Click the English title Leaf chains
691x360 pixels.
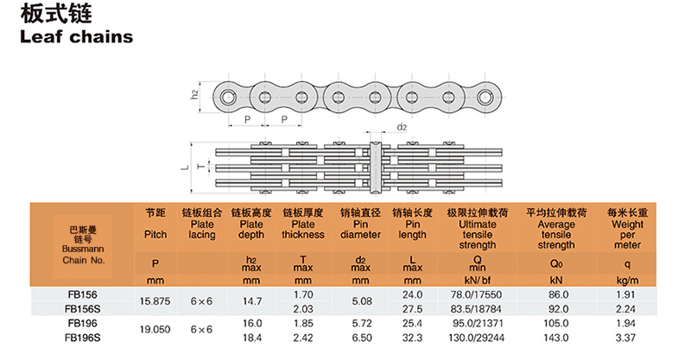[x=76, y=36]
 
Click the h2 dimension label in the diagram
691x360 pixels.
[x=194, y=94]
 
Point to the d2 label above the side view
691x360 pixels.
[x=402, y=128]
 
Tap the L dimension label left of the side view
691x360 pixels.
[x=185, y=167]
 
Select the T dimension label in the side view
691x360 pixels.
[x=201, y=167]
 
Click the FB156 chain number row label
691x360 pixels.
[x=82, y=294]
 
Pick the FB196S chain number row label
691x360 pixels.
[x=82, y=338]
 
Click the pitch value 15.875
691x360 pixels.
[x=155, y=301]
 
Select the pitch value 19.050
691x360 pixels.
[x=155, y=330]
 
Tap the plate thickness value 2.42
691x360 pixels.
[x=303, y=338]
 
